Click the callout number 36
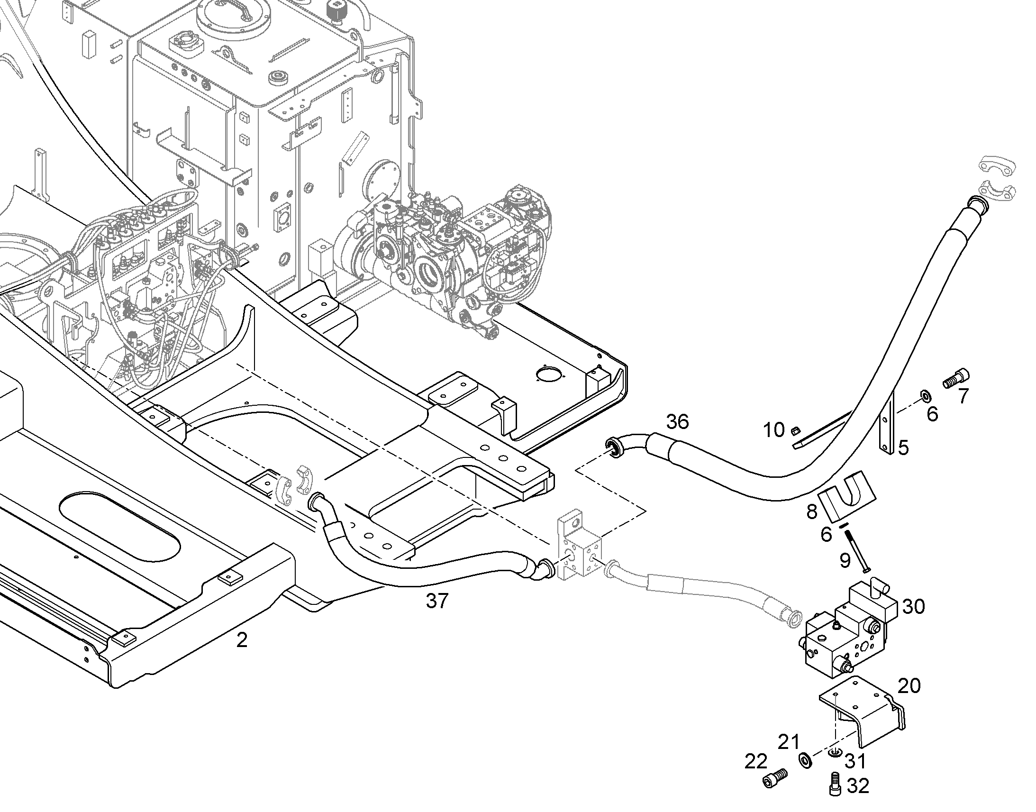pos(677,421)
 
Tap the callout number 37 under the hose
pos(437,601)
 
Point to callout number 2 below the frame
pos(242,640)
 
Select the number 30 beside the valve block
pos(913,607)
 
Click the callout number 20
pos(909,685)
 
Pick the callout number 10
pos(773,430)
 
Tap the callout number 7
pos(963,396)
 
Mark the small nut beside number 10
pos(793,431)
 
